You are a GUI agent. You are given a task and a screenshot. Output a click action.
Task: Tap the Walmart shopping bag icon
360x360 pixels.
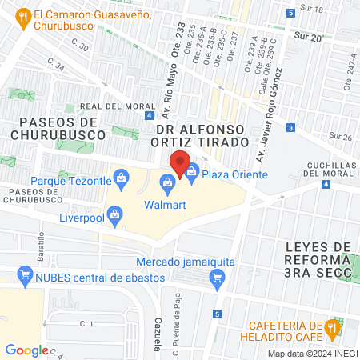pos(167,185)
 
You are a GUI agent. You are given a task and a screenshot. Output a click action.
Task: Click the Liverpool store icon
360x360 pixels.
pos(116,215)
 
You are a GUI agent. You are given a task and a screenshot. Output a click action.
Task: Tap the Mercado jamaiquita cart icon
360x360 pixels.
pos(215,278)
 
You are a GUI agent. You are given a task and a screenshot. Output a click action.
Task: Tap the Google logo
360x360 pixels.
pos(26,350)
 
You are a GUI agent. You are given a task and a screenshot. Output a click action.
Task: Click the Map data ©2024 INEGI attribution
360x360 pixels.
pos(310,354)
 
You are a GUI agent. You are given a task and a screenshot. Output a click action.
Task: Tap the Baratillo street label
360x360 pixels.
pos(39,244)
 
